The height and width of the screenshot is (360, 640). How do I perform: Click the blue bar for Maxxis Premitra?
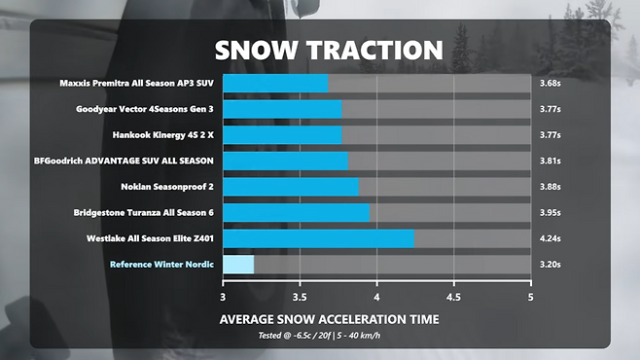pyautogui.click(x=275, y=84)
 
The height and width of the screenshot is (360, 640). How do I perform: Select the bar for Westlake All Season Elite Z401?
pyautogui.click(x=318, y=238)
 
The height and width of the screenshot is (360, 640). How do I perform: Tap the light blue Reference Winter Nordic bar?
pyautogui.click(x=238, y=265)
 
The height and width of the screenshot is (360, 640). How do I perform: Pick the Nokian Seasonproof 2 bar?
pyautogui.click(x=291, y=187)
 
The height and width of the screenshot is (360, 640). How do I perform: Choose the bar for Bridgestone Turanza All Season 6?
pyautogui.click(x=296, y=213)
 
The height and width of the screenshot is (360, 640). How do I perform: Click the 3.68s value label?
pyautogui.click(x=551, y=84)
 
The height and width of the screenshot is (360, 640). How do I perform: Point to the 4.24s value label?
pyautogui.click(x=551, y=238)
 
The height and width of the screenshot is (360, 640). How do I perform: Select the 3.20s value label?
pyautogui.click(x=551, y=265)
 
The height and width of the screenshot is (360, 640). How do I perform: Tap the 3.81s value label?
pyautogui.click(x=551, y=161)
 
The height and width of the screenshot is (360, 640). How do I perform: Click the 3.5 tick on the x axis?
pyautogui.click(x=300, y=297)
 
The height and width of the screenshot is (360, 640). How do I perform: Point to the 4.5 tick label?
pyautogui.click(x=453, y=297)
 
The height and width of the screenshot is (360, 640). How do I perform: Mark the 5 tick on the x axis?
pyautogui.click(x=530, y=297)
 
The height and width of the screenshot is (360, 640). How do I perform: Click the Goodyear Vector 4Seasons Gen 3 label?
pyautogui.click(x=145, y=109)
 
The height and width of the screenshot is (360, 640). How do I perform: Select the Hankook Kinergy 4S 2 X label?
pyautogui.click(x=162, y=135)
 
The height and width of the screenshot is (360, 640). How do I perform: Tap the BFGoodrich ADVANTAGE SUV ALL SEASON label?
pyautogui.click(x=124, y=161)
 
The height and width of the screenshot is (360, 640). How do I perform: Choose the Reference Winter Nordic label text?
pyautogui.click(x=161, y=265)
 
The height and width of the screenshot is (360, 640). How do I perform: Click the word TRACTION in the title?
pyautogui.click(x=374, y=51)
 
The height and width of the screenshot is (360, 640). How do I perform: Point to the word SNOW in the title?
pyautogui.click(x=256, y=51)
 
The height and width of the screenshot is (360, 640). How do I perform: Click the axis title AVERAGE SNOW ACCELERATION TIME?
pyautogui.click(x=329, y=319)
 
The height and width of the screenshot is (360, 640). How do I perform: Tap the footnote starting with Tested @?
pyautogui.click(x=319, y=336)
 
